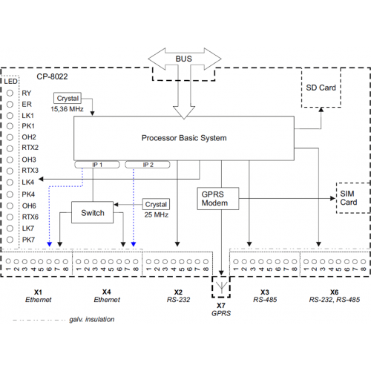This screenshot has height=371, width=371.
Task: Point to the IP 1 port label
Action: click(x=97, y=165)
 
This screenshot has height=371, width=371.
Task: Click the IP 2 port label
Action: click(x=148, y=165)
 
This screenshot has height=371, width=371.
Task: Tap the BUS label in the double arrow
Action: click(x=184, y=59)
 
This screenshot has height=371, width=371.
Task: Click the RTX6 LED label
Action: click(x=30, y=217)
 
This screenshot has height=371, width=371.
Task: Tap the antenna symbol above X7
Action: click(x=222, y=286)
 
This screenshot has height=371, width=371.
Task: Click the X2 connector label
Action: click(x=178, y=292)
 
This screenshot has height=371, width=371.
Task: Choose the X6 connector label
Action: click(x=334, y=292)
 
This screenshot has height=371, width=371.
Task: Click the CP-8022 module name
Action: click(x=52, y=76)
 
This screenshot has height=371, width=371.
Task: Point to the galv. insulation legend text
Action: click(x=92, y=319)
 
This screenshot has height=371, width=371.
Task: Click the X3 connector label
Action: click(x=265, y=292)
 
